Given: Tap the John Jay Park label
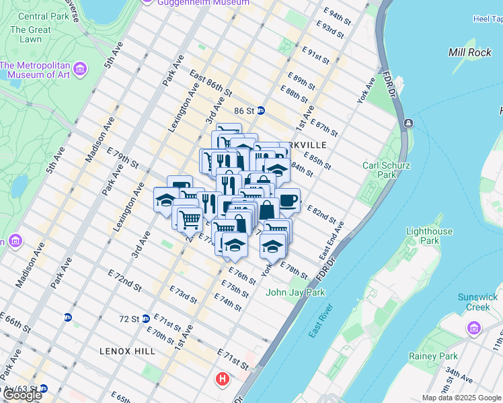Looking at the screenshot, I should (x=296, y=292).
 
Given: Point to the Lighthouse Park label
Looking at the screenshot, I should (x=429, y=236).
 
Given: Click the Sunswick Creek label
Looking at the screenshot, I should (x=477, y=302).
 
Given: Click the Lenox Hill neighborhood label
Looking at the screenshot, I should (x=127, y=351).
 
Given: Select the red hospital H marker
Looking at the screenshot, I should (x=222, y=380).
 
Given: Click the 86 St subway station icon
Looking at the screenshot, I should (x=260, y=110).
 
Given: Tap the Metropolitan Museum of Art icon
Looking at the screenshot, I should (x=80, y=69).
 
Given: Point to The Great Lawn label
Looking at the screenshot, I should (x=30, y=35).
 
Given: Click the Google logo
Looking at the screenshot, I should (x=22, y=395).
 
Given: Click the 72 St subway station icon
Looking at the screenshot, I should (x=145, y=318).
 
